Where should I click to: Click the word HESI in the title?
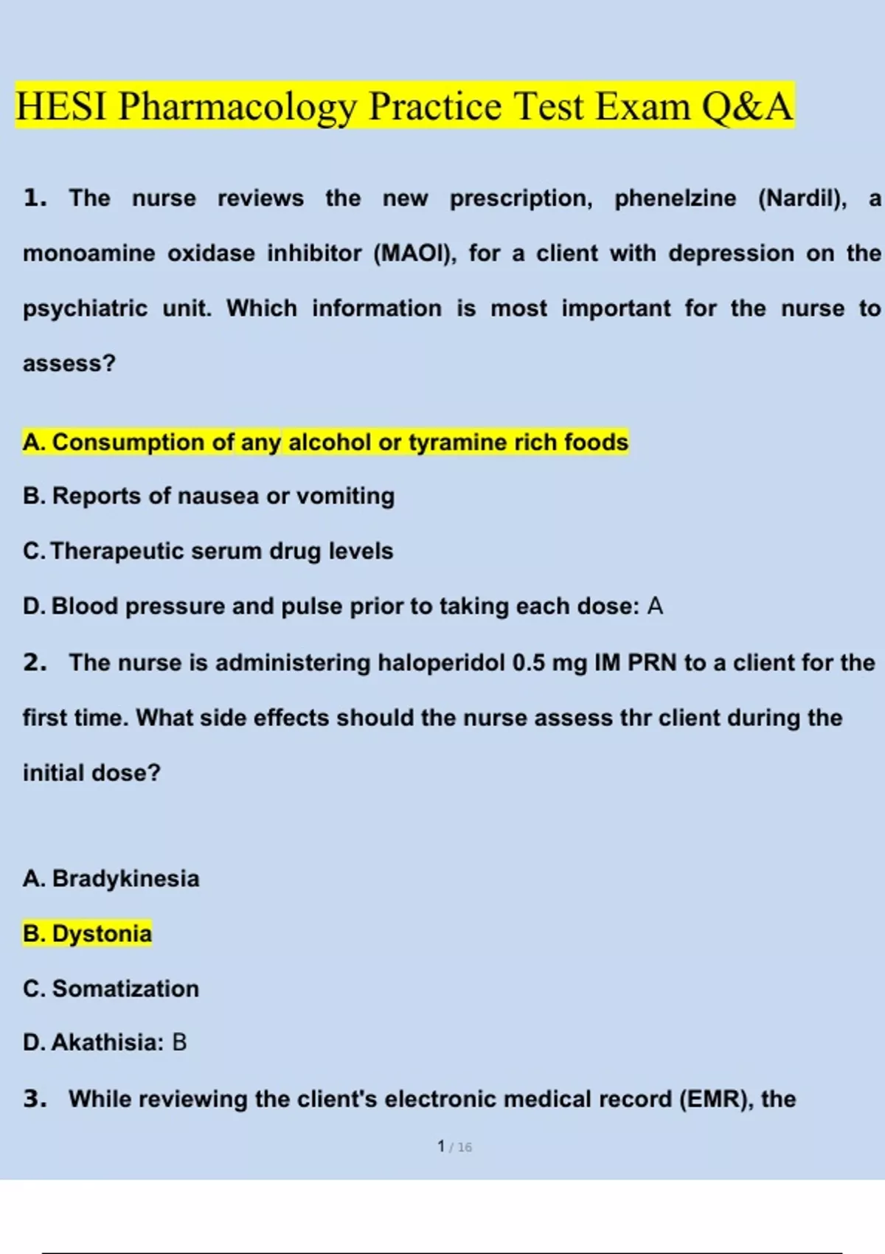[x=60, y=106]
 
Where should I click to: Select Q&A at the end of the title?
[x=746, y=106]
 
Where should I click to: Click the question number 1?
[x=35, y=198]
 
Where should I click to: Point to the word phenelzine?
[x=675, y=198]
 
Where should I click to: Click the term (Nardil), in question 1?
[x=802, y=198]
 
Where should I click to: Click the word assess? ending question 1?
[x=69, y=364]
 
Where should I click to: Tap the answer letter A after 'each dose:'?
[x=655, y=606]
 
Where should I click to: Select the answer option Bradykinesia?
[x=125, y=879]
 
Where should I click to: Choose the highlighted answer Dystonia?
[x=102, y=934]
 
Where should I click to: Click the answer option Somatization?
[x=125, y=988]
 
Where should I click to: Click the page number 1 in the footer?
[x=441, y=1146]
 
